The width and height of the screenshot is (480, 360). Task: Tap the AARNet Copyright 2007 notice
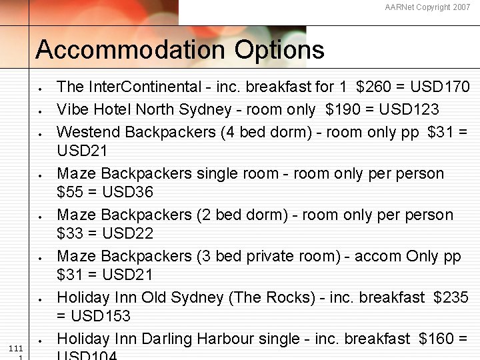[427, 7]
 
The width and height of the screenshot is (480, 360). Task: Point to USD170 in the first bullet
[440, 87]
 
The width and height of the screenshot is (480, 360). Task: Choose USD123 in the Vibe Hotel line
[407, 109]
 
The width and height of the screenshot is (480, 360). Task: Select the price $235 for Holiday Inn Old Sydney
[451, 297]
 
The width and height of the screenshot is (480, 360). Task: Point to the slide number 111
[17, 349]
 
